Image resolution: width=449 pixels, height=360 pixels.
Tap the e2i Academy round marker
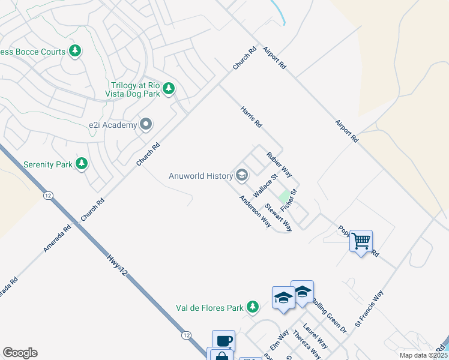(146, 125)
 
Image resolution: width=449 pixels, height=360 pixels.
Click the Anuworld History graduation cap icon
(242, 175)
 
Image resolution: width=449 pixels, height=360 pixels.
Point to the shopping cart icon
(361, 241)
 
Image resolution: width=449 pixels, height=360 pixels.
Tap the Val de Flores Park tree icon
(253, 308)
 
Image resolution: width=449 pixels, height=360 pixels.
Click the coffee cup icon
(223, 341)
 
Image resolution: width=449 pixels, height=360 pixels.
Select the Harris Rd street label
(252, 117)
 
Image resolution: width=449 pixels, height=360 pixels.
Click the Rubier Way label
(279, 163)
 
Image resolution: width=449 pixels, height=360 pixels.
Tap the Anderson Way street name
(255, 211)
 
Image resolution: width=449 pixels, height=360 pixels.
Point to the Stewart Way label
(279, 220)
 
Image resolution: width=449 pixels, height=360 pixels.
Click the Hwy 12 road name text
(118, 268)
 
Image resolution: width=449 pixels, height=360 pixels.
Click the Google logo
(20, 353)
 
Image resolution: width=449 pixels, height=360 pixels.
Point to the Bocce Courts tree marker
(75, 52)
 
